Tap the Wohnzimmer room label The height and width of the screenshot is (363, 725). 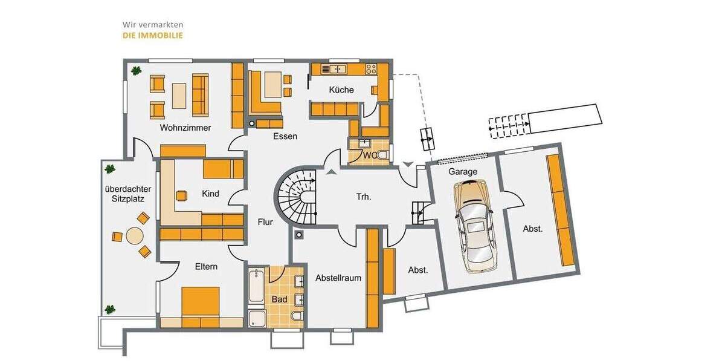[x=185, y=128]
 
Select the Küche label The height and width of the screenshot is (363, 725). [x=341, y=90]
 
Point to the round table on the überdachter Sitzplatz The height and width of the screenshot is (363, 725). [x=134, y=235]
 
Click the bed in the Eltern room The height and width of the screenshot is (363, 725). [x=201, y=302]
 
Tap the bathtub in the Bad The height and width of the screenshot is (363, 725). [x=256, y=286]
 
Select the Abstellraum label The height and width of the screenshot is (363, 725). [x=338, y=278]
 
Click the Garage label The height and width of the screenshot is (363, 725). [x=463, y=171]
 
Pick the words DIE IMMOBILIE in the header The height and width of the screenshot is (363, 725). [x=152, y=36]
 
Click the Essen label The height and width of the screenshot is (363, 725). [x=285, y=136]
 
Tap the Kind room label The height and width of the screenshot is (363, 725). [x=210, y=194]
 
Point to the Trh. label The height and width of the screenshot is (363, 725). [x=363, y=196]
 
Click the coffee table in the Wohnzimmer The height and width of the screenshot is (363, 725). [x=179, y=95]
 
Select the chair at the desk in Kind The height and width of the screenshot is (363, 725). [x=181, y=195]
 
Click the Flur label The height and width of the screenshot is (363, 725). [x=265, y=222]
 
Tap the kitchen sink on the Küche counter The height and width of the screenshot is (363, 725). [x=333, y=69]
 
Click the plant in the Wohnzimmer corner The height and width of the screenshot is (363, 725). [x=137, y=70]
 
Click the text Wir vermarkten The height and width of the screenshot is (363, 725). [x=152, y=25]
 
